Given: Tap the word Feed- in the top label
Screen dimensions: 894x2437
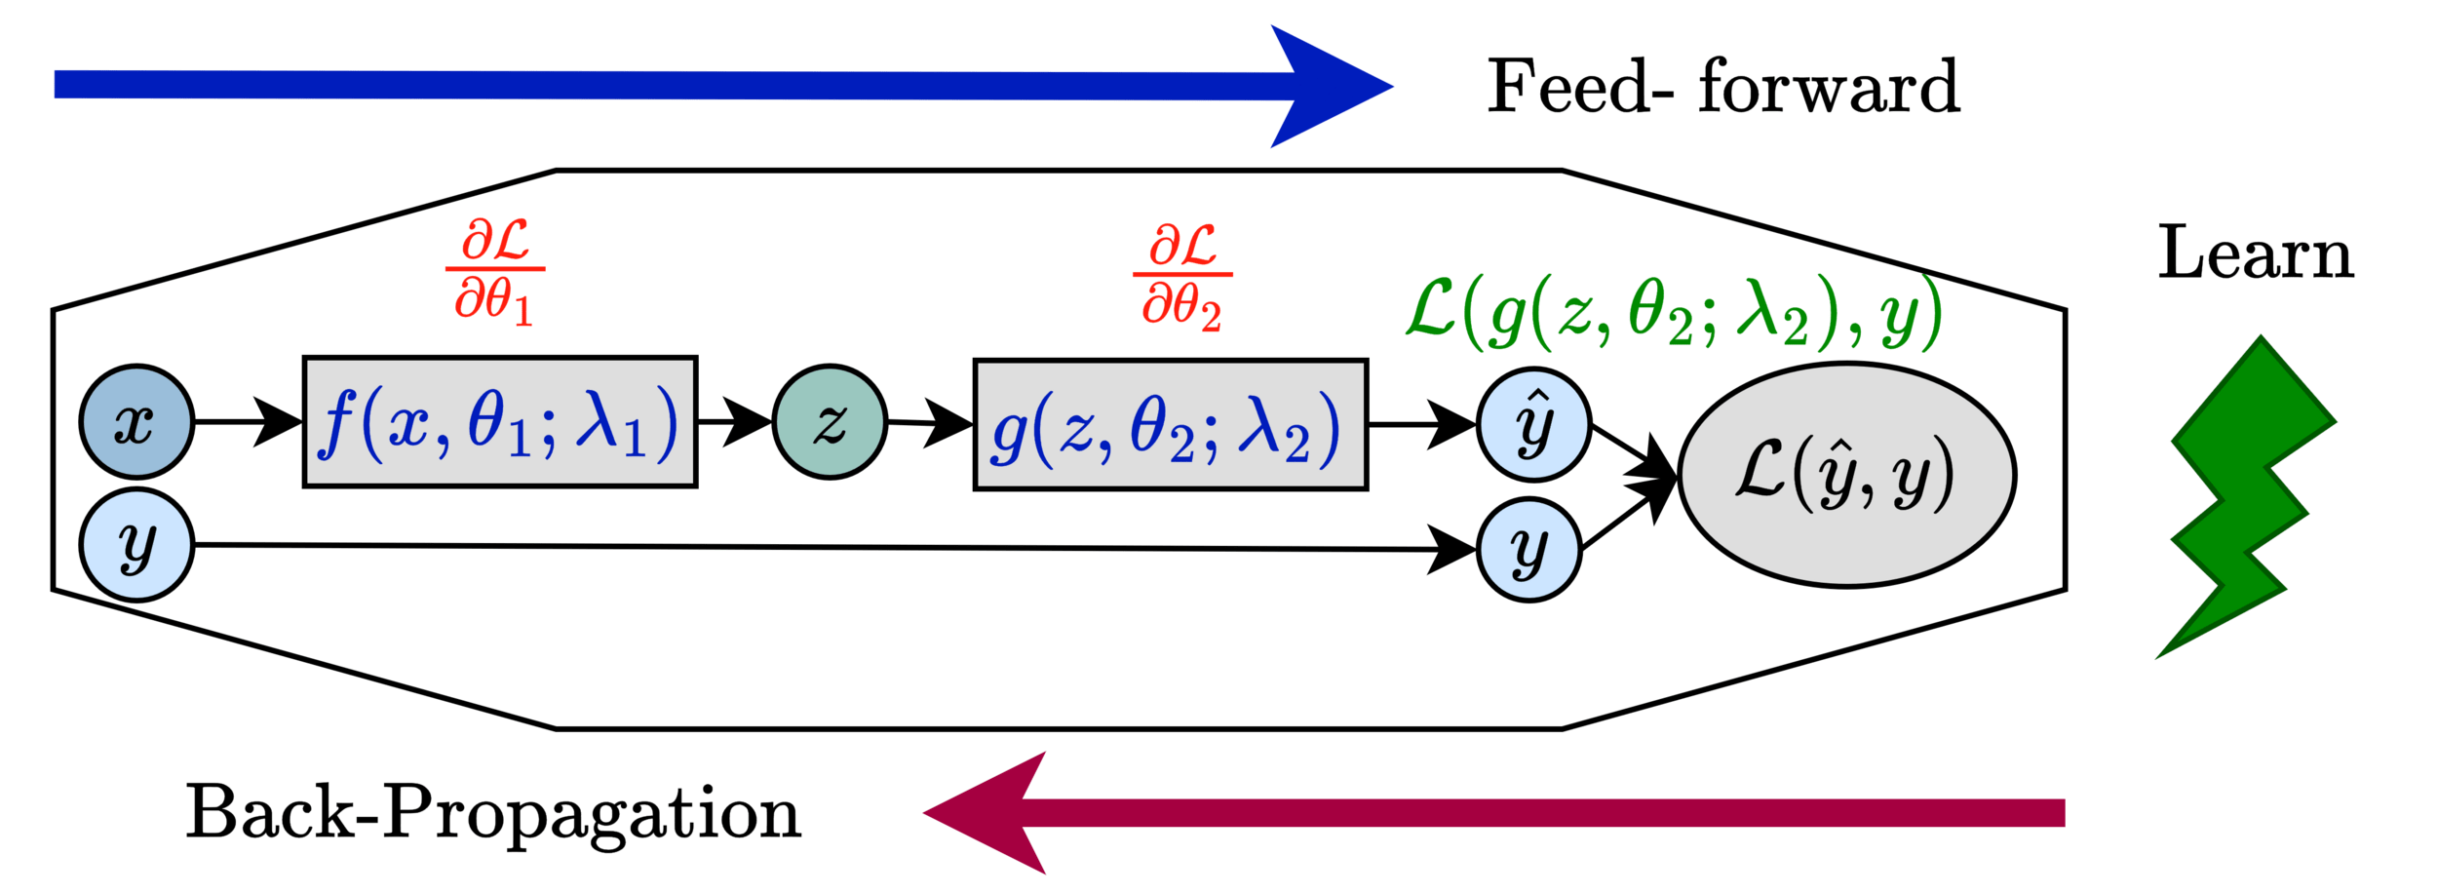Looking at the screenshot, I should click(x=1579, y=88).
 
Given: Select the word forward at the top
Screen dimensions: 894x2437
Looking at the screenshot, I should click(x=1828, y=88).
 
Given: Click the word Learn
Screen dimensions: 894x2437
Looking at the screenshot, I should click(x=2255, y=254).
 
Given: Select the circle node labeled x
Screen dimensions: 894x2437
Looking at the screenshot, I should click(x=136, y=421).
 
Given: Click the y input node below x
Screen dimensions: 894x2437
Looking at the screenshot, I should click(x=136, y=545).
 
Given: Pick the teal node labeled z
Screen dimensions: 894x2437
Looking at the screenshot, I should click(x=830, y=422).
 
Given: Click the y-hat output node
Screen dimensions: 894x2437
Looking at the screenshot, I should click(x=1533, y=425).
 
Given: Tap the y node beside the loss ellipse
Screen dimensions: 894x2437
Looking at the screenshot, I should click(x=1528, y=550).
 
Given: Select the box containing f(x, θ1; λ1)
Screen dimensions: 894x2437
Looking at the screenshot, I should click(x=500, y=422).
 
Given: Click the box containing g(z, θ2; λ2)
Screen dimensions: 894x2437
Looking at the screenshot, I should click(x=1170, y=425).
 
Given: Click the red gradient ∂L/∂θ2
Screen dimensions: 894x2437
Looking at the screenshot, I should click(x=1182, y=277).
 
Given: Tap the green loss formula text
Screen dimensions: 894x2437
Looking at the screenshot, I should click(x=1673, y=314).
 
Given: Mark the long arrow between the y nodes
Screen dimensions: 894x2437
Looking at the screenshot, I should click(x=829, y=547).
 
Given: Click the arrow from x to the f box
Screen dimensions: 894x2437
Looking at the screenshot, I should click(x=249, y=421).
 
